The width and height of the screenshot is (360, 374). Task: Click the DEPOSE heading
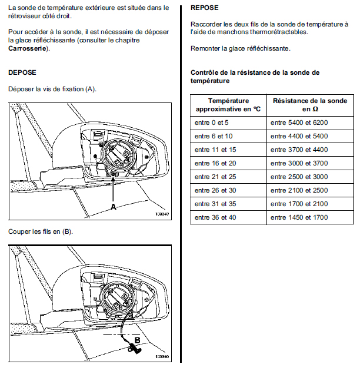pyautogui.click(x=22, y=72)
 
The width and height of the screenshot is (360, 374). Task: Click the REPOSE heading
pyautogui.click(x=205, y=8)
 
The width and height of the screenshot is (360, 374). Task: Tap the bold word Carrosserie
pyautogui.click(x=28, y=48)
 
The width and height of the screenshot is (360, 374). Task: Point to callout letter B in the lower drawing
pyautogui.click(x=136, y=340)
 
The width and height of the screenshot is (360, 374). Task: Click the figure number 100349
pyautogui.click(x=162, y=214)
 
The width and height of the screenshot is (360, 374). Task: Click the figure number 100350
pyautogui.click(x=162, y=357)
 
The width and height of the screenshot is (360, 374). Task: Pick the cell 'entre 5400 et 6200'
pyautogui.click(x=299, y=123)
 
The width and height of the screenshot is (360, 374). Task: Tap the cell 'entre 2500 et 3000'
pyautogui.click(x=299, y=177)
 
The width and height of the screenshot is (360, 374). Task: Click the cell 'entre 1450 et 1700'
pyautogui.click(x=299, y=217)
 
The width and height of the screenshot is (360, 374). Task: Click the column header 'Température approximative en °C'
pyautogui.click(x=228, y=105)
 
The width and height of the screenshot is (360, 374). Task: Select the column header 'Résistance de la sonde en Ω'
pyautogui.click(x=311, y=105)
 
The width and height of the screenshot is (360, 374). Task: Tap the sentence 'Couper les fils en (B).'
pyautogui.click(x=41, y=231)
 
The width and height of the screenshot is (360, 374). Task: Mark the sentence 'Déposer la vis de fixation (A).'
pyautogui.click(x=52, y=89)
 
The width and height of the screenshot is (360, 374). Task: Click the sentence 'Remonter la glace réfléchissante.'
pyautogui.click(x=240, y=48)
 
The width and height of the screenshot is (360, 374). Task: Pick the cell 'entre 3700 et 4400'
pyautogui.click(x=299, y=150)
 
